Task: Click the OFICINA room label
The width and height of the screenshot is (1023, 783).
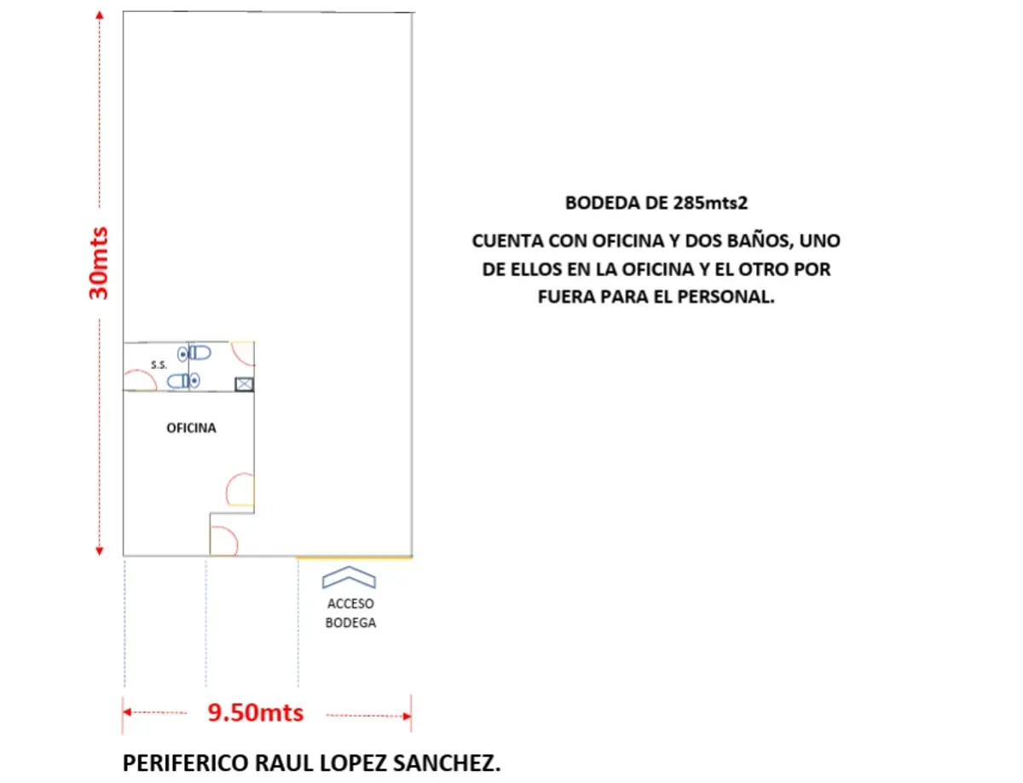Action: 191,428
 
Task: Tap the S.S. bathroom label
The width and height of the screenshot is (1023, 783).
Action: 159,365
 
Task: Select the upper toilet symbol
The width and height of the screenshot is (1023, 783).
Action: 194,353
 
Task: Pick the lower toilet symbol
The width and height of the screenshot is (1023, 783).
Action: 183,381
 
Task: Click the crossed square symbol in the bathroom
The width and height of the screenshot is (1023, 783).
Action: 245,384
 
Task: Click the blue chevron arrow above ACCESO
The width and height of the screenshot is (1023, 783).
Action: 349,572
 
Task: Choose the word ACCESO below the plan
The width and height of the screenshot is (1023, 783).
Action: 350,603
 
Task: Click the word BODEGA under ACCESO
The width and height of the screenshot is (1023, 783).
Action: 350,623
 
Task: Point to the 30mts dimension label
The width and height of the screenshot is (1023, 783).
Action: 99,263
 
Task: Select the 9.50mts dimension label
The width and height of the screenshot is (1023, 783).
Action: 256,712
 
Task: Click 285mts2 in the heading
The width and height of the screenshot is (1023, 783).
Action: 710,203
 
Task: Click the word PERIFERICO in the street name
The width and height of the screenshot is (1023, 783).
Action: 186,763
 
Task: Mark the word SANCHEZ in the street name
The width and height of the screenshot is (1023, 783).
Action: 447,763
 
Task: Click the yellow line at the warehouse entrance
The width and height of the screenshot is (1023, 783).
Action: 355,558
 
